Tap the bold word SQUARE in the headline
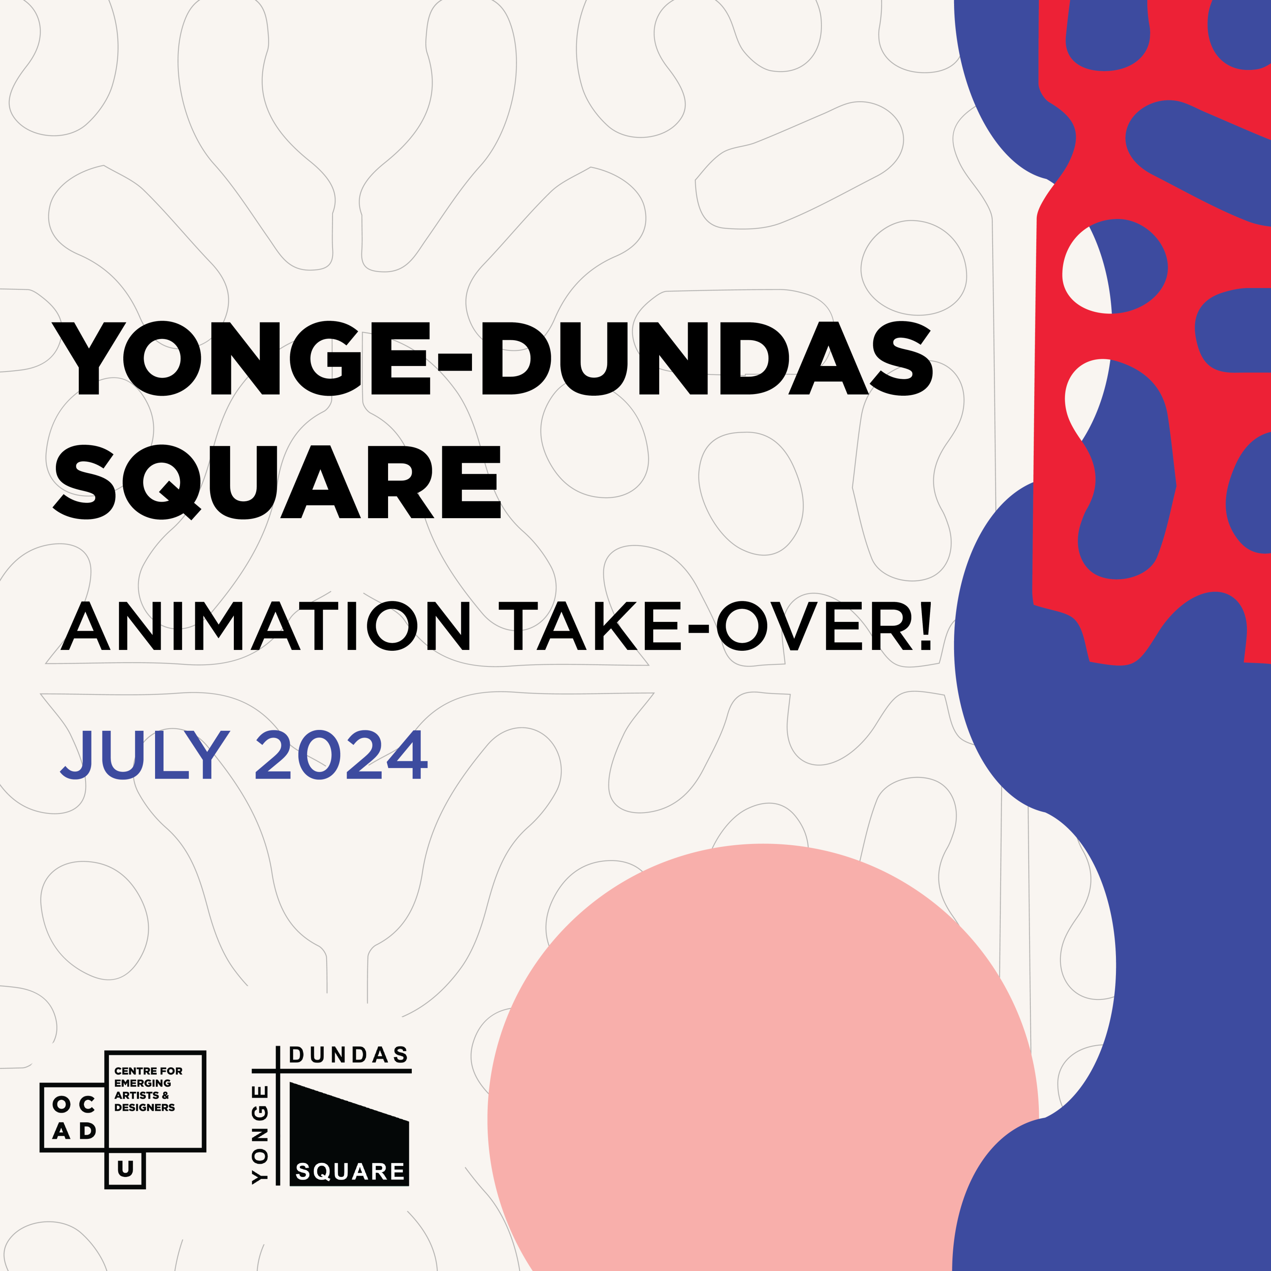[278, 482]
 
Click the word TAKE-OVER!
[715, 626]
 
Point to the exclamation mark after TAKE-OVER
[926, 626]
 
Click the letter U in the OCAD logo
[125, 1169]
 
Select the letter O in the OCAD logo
[62, 1104]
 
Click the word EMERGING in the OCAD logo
[143, 1083]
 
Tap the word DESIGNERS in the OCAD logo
[145, 1107]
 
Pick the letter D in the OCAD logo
[88, 1131]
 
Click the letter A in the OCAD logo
[62, 1131]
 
